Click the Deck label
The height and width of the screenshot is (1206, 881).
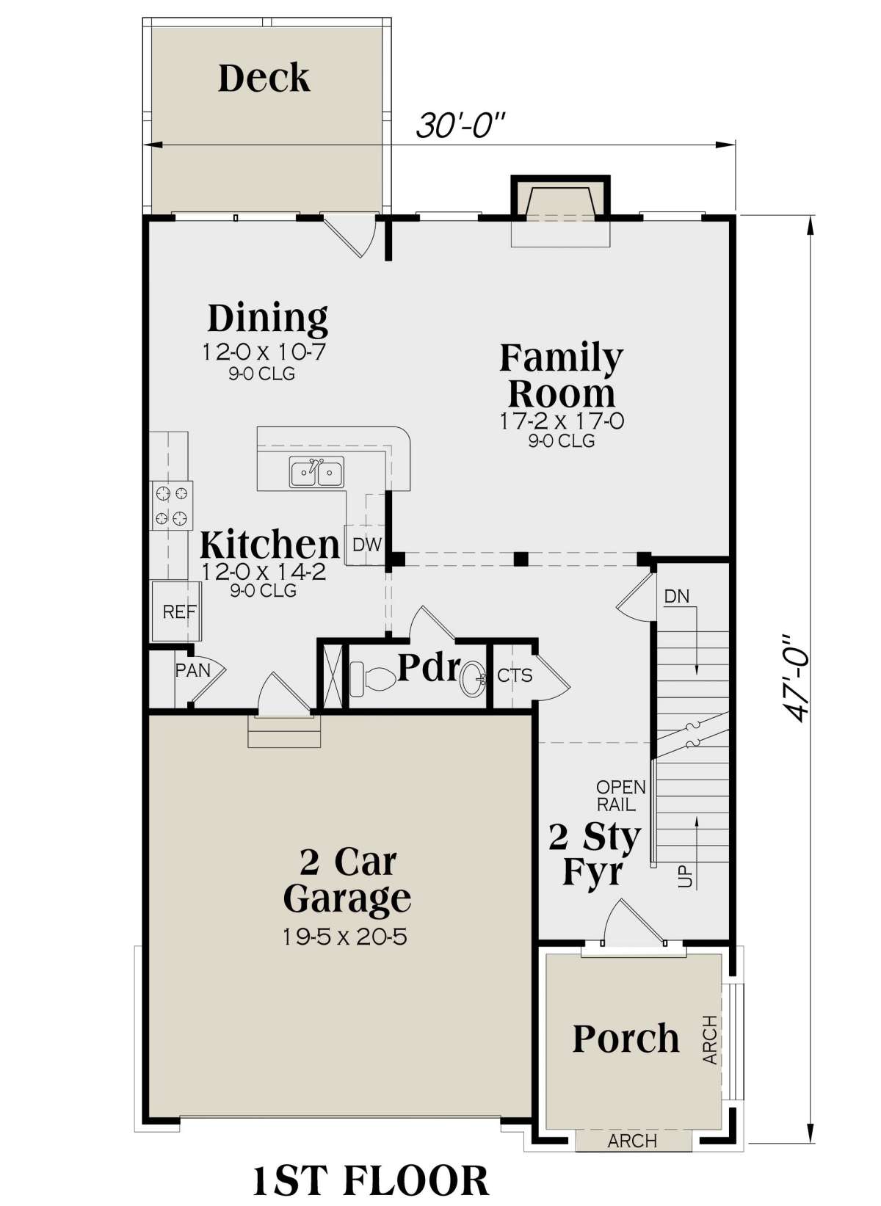pyautogui.click(x=264, y=79)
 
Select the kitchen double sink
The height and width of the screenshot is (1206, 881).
pyautogui.click(x=317, y=473)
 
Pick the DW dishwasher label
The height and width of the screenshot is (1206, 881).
pyautogui.click(x=367, y=545)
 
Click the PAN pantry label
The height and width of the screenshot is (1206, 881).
pyautogui.click(x=192, y=670)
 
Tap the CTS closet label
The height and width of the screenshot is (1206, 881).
pyautogui.click(x=515, y=675)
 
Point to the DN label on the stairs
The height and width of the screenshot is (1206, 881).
pyautogui.click(x=677, y=596)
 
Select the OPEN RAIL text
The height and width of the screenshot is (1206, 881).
pyautogui.click(x=620, y=796)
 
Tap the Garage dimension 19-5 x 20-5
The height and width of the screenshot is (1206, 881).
pyautogui.click(x=344, y=937)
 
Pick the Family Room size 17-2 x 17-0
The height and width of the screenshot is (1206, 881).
pyautogui.click(x=562, y=420)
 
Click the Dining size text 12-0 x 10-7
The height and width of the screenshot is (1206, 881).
pyautogui.click(x=264, y=352)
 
